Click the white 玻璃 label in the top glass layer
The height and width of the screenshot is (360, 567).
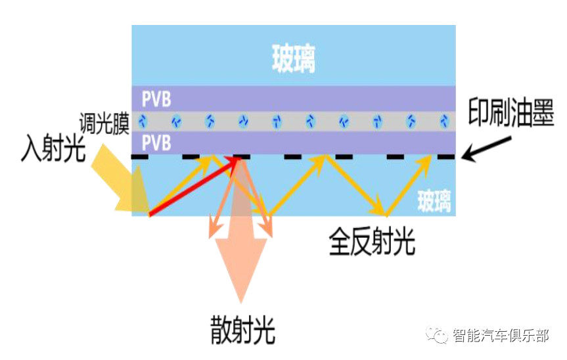pos(293,58)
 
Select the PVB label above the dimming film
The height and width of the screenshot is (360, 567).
pos(156,99)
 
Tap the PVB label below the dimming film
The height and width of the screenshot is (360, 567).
pos(156,143)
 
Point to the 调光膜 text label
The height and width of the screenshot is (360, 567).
pos(104,124)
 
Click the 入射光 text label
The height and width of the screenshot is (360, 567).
pos(53,148)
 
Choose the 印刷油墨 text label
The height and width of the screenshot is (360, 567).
pos(510,113)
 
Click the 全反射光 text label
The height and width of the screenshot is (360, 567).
pos(372,241)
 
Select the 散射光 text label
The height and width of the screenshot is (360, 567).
pos(242,330)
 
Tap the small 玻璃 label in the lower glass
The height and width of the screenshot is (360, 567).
pos(434,201)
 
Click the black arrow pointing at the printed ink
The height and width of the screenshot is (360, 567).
pos(487,148)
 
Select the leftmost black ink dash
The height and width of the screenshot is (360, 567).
pos(139,157)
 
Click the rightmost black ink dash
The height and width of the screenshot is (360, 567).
pos(446,157)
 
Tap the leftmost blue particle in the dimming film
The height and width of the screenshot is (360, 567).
pos(143,121)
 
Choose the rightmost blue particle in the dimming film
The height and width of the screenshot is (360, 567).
pos(444,121)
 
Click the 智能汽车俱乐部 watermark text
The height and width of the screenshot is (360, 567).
pos(501,336)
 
